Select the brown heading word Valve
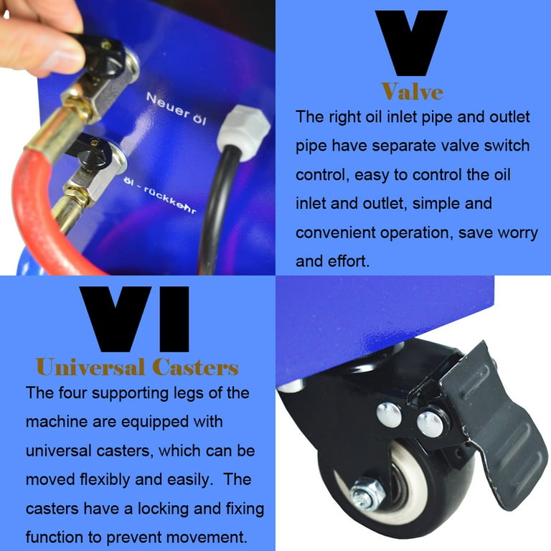(412, 91)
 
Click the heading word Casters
(195, 368)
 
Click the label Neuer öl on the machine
(174, 109)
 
